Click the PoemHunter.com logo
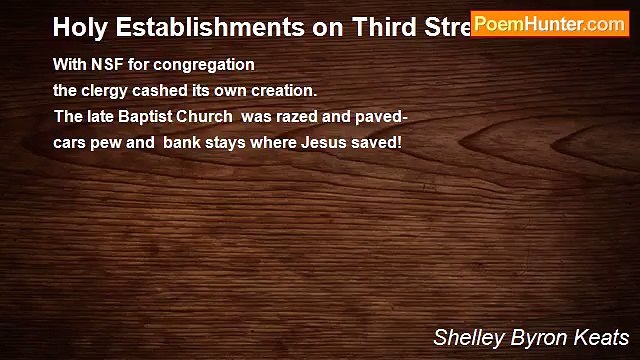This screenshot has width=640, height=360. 550,24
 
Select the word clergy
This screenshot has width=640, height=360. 104,90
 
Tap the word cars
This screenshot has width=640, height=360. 69,142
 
